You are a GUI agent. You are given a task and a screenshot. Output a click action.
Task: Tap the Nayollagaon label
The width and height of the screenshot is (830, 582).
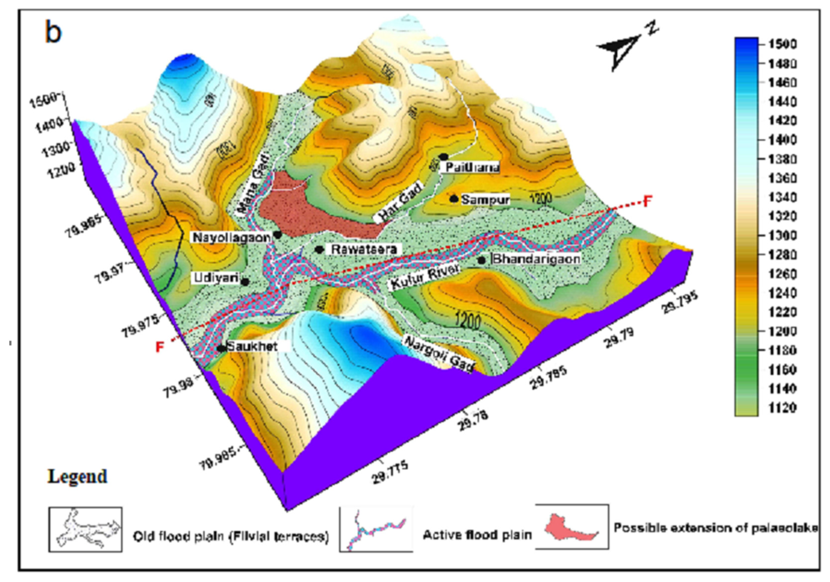coord(232,237)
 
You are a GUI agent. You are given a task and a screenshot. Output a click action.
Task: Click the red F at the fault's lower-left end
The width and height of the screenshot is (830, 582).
coord(160,347)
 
